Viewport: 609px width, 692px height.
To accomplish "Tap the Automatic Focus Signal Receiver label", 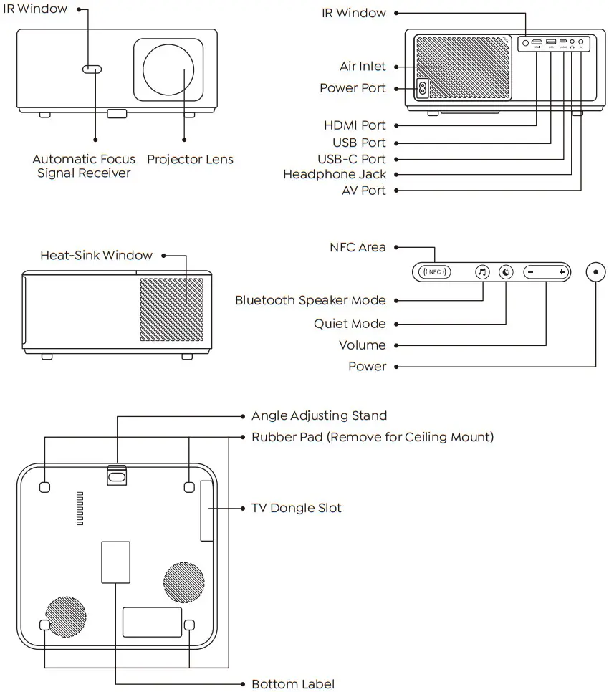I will (x=84, y=166).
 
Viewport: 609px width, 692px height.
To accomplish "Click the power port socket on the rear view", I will (x=422, y=89).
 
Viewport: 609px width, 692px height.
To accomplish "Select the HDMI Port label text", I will (x=355, y=125).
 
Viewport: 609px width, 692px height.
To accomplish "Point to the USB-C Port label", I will (x=351, y=159).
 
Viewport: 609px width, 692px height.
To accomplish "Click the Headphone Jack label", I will (x=334, y=174).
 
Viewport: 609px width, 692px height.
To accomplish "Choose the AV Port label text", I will (x=363, y=191).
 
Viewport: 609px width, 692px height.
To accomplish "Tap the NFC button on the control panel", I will (x=435, y=272).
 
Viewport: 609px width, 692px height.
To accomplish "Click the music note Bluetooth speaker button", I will (x=483, y=272).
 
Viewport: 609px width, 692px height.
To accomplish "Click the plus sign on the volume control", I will (x=562, y=272).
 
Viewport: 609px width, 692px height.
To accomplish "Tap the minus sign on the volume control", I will (x=530, y=272).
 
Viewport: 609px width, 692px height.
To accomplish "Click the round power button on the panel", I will (x=595, y=272).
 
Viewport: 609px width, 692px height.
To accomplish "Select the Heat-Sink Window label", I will (x=96, y=255).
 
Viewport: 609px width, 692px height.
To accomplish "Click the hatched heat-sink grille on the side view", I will (x=172, y=309).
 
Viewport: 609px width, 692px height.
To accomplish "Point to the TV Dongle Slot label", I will (x=296, y=508).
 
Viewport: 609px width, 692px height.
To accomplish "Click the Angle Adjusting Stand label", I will (x=319, y=415).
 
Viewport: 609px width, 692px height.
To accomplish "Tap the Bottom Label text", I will (x=292, y=684).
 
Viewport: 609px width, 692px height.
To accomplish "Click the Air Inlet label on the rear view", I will (x=363, y=67).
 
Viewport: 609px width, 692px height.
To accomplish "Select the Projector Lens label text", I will (x=190, y=159).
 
